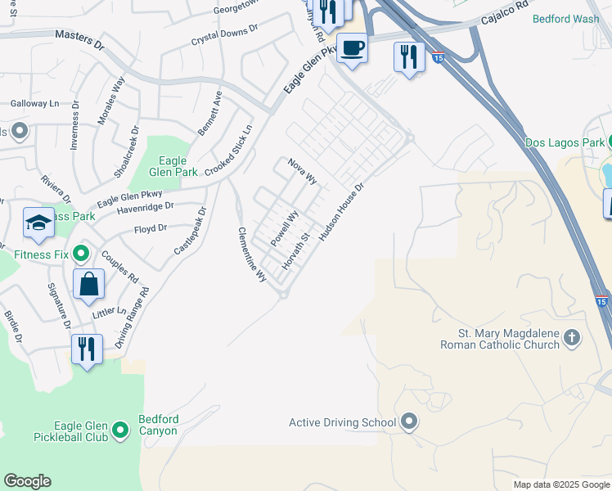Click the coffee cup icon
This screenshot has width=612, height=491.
pos(352,48)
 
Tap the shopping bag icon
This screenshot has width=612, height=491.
pos(88,285)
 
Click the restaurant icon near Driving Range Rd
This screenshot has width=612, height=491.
pos(87,349)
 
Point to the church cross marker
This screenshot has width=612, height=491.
pos(572,337)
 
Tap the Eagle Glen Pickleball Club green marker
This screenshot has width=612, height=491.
pos(120,430)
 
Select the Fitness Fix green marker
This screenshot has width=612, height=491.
pos(80,254)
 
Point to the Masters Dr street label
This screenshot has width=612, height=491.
pos(80,36)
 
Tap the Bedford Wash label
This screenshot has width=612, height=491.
pos(565,18)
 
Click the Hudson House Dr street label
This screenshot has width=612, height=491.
pos(340,210)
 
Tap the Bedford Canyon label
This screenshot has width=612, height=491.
pos(159,425)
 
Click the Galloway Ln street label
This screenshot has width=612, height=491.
pos(35,104)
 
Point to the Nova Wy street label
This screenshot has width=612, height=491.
pos(302,172)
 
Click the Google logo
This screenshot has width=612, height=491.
pos(27,481)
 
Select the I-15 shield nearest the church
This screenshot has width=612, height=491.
pos(602,302)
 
